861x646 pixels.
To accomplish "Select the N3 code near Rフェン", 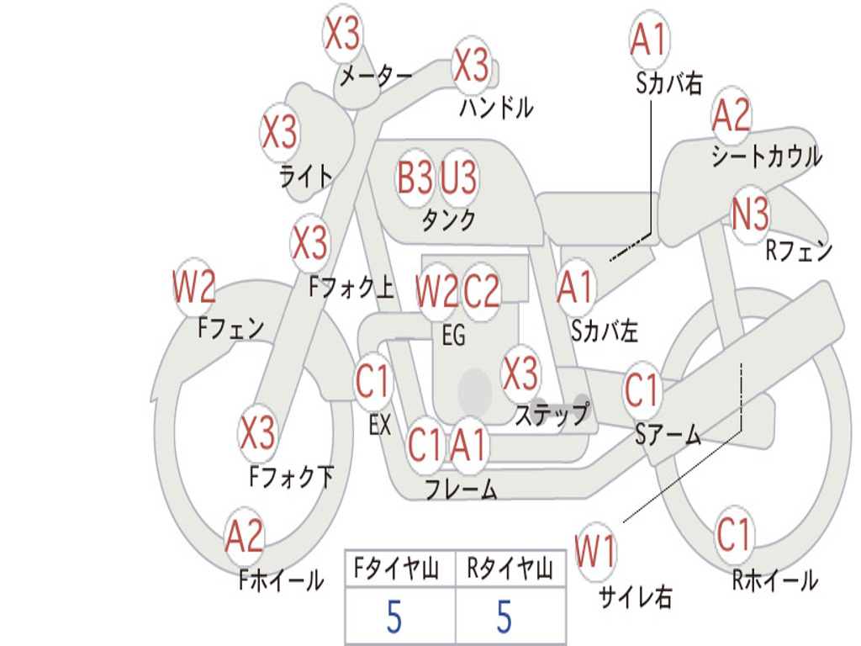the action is [x=750, y=215].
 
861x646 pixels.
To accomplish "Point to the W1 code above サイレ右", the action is [x=595, y=553].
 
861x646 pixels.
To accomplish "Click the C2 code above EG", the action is [x=482, y=292].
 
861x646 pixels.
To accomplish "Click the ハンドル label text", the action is [x=496, y=108].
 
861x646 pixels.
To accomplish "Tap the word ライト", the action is [x=306, y=176].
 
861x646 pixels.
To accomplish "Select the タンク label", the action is [x=448, y=220].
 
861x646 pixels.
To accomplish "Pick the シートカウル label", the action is [x=766, y=157].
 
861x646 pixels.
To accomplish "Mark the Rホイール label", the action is [x=774, y=580].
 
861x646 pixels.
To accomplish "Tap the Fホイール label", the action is [x=281, y=580].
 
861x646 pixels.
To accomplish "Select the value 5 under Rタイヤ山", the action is [x=504, y=617].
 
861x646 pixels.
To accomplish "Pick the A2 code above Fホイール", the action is [x=245, y=536].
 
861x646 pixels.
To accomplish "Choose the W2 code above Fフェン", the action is [x=194, y=288].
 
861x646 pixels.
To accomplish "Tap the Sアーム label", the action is [x=668, y=435].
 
